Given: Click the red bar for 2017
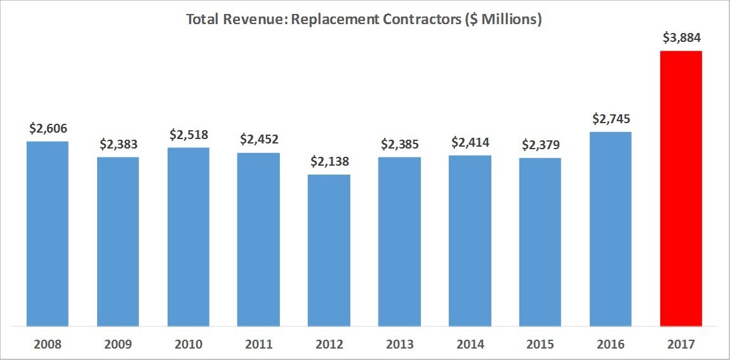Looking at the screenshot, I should (x=681, y=189).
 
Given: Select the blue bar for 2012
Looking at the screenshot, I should (x=329, y=250).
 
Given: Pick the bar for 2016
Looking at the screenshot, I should (x=611, y=229).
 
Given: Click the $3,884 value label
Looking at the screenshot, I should (x=681, y=38).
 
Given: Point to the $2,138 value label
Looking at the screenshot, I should (x=329, y=161).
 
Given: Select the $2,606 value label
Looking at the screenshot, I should (x=48, y=128).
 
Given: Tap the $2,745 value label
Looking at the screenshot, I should (x=611, y=119).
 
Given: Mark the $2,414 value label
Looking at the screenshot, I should (x=470, y=142).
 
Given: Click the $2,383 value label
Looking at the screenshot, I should (x=118, y=144).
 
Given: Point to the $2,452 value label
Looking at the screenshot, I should (x=258, y=140).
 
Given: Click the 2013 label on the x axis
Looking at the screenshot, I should (x=399, y=344).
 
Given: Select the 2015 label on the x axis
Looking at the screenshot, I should (x=540, y=344).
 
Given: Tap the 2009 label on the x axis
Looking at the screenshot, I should (x=118, y=344).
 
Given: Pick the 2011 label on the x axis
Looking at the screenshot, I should (x=258, y=344).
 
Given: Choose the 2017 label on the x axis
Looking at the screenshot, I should (x=681, y=344).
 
